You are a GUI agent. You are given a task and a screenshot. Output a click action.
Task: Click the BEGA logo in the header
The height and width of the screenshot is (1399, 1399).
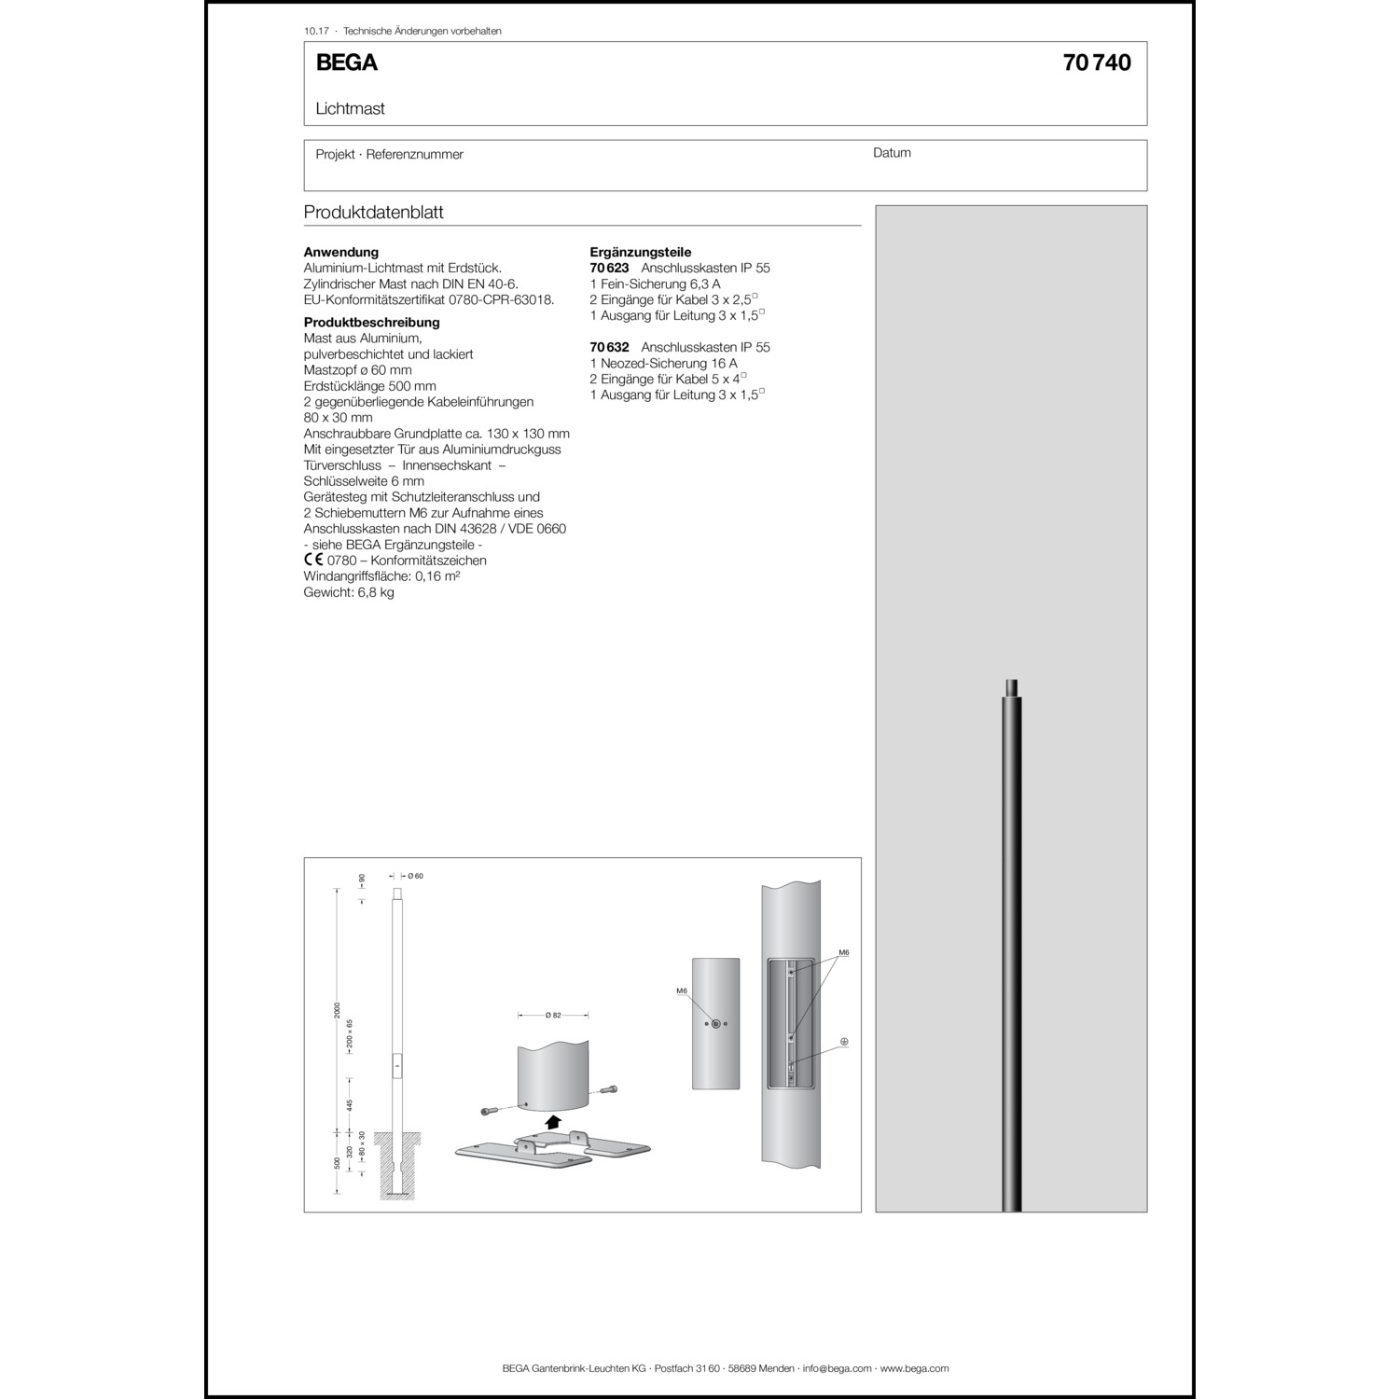[346, 62]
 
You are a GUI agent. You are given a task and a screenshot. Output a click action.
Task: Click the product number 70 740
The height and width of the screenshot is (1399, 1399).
[1096, 62]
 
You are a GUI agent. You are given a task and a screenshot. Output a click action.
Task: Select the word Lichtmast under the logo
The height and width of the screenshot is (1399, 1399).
[350, 108]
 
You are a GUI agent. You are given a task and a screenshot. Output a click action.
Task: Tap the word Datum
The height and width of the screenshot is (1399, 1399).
[892, 153]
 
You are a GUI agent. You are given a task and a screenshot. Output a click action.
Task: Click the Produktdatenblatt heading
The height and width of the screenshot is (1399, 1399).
[373, 213]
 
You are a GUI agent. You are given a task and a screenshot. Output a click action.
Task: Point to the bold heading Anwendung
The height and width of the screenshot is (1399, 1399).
[341, 252]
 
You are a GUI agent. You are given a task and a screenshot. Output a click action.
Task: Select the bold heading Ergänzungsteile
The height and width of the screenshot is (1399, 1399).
[641, 252]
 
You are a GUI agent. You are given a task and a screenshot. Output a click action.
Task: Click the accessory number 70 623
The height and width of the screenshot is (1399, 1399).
[609, 268]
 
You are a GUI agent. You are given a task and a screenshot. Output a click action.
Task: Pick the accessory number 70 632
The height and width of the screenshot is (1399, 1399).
[609, 347]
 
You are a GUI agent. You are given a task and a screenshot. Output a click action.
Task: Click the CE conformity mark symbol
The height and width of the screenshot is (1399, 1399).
[313, 561]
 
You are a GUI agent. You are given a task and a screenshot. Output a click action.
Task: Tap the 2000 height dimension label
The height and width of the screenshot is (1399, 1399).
[338, 1012]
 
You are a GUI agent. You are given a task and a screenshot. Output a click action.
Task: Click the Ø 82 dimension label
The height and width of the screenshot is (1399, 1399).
[553, 1015]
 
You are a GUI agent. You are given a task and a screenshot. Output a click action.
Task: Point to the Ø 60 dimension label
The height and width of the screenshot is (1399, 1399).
[415, 876]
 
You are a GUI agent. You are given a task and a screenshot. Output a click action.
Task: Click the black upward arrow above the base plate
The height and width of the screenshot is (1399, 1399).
[554, 1122]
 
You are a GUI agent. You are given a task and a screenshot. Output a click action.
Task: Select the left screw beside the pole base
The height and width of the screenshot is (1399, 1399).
[490, 1111]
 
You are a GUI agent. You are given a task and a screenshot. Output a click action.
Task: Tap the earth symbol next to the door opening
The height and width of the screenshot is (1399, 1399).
[844, 1041]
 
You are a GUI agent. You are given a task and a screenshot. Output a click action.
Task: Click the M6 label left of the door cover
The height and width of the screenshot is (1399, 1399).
[682, 990]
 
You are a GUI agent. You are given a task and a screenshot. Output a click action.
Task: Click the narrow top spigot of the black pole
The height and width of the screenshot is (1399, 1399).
[1011, 689]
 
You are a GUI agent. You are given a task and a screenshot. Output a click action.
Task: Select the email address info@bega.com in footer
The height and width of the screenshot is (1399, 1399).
[837, 1368]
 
